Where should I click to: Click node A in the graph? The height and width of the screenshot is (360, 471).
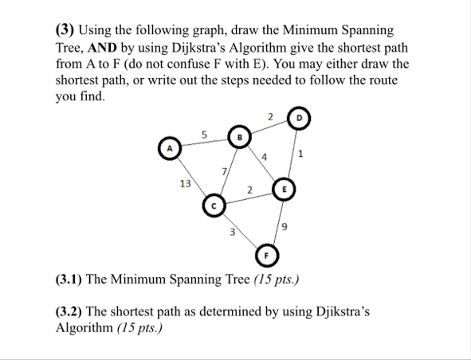[x=169, y=148]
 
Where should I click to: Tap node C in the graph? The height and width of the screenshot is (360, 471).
[x=214, y=206]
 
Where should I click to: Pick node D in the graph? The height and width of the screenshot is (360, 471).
[x=299, y=116]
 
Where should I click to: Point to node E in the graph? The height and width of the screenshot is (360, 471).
[x=284, y=190]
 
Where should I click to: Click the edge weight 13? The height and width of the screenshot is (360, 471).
[x=185, y=183]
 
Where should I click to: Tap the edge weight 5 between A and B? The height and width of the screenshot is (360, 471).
[x=204, y=134]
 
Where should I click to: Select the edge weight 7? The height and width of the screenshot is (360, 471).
[x=226, y=173]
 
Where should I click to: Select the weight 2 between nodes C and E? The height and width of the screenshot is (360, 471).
[x=249, y=190]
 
